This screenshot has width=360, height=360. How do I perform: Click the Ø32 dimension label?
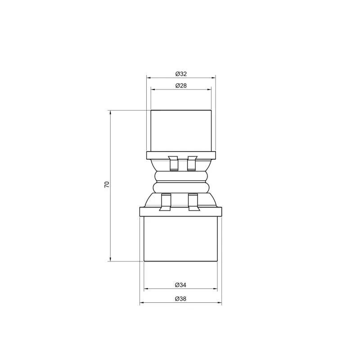coord(181,74)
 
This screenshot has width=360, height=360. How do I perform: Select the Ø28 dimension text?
coord(181,85)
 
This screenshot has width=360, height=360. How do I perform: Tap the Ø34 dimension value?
coord(180,285)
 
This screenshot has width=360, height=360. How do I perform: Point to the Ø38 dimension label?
coord(180,299)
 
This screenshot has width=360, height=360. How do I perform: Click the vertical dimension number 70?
coord(107,184)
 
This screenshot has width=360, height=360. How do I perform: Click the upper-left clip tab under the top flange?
coord(173,163)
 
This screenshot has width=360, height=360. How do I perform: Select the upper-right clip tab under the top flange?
coord(192,163)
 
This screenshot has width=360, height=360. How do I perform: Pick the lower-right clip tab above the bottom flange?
coord(193,202)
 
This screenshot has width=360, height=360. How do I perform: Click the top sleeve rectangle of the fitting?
coord(181,131)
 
